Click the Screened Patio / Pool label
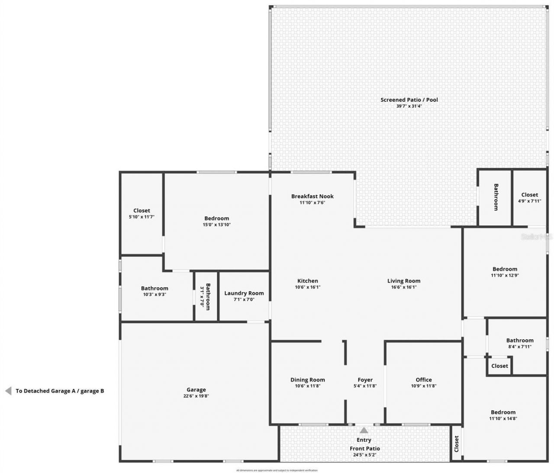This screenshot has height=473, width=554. (x=409, y=100)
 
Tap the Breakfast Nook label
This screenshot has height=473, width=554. (x=312, y=196)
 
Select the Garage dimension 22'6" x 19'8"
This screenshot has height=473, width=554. (x=196, y=396)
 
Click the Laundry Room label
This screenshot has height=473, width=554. (x=244, y=293)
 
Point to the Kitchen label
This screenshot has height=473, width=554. (x=307, y=281)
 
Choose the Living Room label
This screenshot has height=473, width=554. (x=403, y=281)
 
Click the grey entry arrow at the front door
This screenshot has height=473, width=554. (x=364, y=430)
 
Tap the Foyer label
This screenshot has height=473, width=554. (x=365, y=380)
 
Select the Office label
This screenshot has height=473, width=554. (x=423, y=380)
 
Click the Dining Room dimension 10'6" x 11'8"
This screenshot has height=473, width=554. (x=307, y=386)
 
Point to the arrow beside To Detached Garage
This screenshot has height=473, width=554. (x=8, y=391)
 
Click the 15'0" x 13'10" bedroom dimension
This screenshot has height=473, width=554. (x=216, y=225)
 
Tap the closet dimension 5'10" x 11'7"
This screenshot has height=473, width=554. (x=142, y=217)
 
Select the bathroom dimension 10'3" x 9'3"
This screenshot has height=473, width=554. (x=155, y=295)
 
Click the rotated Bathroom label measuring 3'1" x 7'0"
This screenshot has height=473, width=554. (x=208, y=296)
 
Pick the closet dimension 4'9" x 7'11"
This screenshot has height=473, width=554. (x=529, y=201)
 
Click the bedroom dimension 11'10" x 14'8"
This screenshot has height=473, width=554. (x=503, y=418)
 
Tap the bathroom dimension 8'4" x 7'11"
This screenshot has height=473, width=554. (x=519, y=347)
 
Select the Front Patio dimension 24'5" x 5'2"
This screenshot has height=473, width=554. (x=364, y=455)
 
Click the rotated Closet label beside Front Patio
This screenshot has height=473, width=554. (x=456, y=444)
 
